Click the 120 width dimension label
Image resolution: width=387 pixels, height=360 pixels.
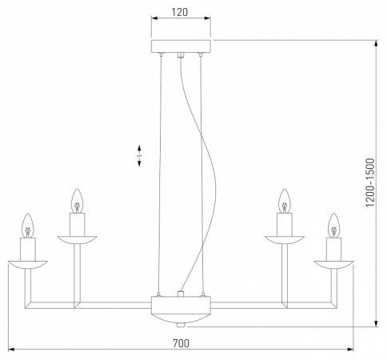click(181, 14)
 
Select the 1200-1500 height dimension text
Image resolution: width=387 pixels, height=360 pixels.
click(369, 182)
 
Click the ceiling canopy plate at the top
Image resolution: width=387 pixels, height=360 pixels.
click(181, 46)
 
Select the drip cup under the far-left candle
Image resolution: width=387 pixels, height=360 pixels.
click(29, 263)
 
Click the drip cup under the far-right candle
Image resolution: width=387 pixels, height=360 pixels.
click(332, 263)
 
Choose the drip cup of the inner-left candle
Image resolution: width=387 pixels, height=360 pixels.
click(77, 238)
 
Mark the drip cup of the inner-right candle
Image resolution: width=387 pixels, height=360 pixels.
click(283, 238)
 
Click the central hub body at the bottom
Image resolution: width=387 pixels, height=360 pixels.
click(181, 306)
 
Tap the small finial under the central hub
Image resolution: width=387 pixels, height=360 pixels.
click(181, 325)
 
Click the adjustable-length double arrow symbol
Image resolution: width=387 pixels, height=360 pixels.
click(140, 155)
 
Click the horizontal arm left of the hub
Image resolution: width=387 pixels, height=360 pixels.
click(112, 305)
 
